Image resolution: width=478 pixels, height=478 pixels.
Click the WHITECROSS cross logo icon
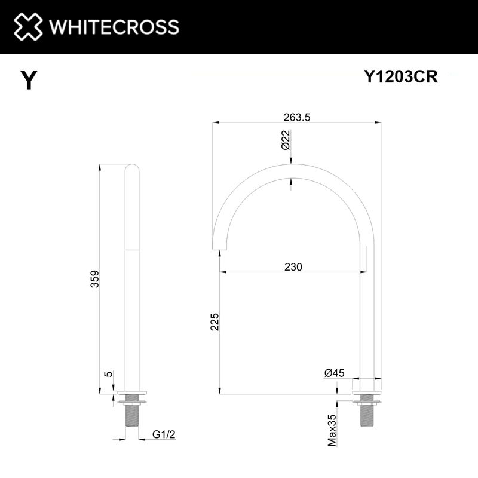click(x=29, y=27)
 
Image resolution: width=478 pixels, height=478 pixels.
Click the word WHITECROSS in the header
click(x=114, y=27)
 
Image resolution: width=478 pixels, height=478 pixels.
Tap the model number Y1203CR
click(x=401, y=77)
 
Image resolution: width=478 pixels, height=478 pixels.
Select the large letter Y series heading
click(x=27, y=80)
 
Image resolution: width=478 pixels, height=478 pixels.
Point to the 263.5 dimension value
click(x=297, y=118)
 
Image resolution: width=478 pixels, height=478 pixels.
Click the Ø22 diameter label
click(x=285, y=140)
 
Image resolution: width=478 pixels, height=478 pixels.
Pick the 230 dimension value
click(x=293, y=266)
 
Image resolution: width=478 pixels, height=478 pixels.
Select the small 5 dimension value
click(x=108, y=374)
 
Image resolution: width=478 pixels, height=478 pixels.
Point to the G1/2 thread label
click(x=164, y=434)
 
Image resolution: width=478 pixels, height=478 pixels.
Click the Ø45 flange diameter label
click(x=334, y=373)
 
